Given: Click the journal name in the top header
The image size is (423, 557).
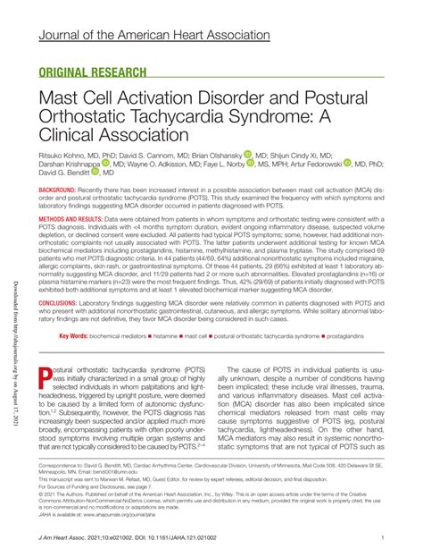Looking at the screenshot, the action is point(153,33).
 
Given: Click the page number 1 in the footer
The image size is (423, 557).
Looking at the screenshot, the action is point(382,537).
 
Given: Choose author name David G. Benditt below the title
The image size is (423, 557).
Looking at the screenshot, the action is point(69,177).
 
